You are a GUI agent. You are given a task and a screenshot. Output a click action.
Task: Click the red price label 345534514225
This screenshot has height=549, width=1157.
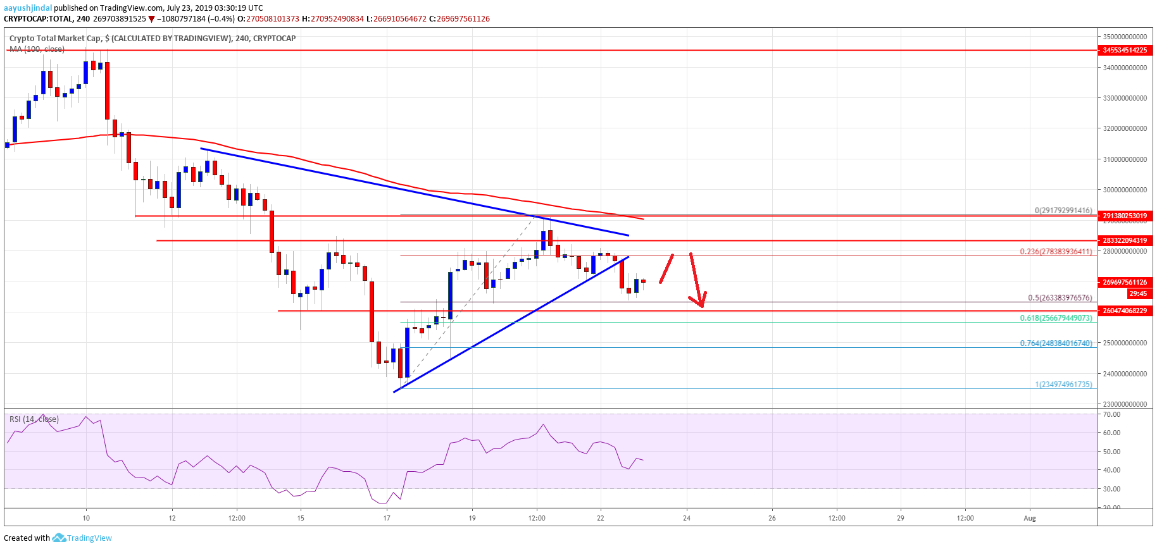click(1125, 50)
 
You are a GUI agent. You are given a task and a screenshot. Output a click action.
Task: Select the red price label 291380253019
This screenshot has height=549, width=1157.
click(1125, 216)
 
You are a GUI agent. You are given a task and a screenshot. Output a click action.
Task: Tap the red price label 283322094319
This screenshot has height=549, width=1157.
click(1125, 240)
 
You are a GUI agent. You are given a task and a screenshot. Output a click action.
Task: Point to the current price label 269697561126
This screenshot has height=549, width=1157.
click(1125, 282)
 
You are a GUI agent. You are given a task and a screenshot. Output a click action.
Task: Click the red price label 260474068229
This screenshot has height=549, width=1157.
click(1125, 311)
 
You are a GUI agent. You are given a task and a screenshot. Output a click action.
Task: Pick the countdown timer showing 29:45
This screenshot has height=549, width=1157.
click(1137, 293)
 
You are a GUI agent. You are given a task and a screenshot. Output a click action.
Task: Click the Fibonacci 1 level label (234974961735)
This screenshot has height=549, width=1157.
click(1063, 384)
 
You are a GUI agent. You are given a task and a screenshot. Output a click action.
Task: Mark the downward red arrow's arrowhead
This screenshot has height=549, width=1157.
click(701, 305)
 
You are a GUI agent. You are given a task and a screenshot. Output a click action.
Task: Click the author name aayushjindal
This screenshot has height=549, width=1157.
click(28, 8)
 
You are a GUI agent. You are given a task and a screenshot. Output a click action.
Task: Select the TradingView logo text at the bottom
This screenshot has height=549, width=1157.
click(89, 538)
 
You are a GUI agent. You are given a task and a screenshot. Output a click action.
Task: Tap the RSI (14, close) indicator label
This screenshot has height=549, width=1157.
click(34, 419)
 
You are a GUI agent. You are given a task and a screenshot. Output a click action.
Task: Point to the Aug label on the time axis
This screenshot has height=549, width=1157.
click(1030, 518)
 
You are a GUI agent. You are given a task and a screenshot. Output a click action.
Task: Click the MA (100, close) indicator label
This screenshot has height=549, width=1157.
click(37, 49)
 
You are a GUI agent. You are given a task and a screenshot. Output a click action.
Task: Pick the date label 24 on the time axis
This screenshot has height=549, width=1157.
click(687, 518)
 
